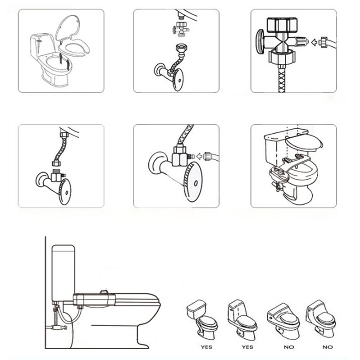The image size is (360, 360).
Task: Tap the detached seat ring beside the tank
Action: [x=74, y=48]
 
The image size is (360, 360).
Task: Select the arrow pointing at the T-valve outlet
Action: [x=314, y=42]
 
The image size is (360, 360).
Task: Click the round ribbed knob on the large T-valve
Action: [x=261, y=42]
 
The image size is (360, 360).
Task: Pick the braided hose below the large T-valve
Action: [x=282, y=79]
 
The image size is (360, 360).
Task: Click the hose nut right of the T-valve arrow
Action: [x=324, y=42]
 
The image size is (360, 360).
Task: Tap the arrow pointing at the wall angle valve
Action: [x=200, y=156]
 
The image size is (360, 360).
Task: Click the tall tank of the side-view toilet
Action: [x=63, y=273]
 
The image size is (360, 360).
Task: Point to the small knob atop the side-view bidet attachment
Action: [x=104, y=292]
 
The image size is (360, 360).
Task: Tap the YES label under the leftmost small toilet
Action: [x=207, y=347]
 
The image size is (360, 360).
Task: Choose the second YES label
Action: [x=247, y=347]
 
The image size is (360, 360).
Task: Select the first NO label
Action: [x=289, y=347]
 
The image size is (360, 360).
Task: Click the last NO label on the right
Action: [x=328, y=347]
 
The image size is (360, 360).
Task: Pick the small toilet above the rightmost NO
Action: [x=321, y=319]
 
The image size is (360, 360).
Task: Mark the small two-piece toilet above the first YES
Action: [x=202, y=319]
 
